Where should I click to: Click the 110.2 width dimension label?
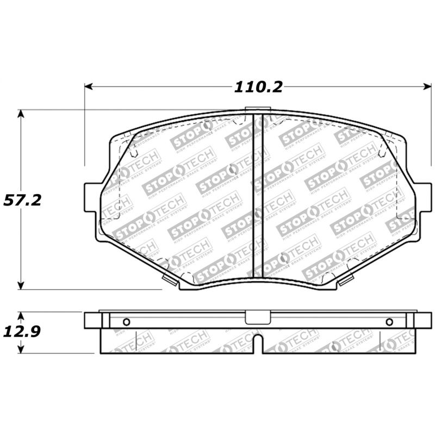click(x=258, y=87)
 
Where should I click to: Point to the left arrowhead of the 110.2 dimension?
click(x=88, y=87)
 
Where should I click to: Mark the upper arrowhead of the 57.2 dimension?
click(x=21, y=113)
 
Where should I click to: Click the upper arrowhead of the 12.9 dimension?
click(x=21, y=315)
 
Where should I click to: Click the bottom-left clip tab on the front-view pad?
click(x=170, y=279)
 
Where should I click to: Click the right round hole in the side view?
click(x=389, y=321)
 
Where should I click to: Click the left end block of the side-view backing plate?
click(x=92, y=320)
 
